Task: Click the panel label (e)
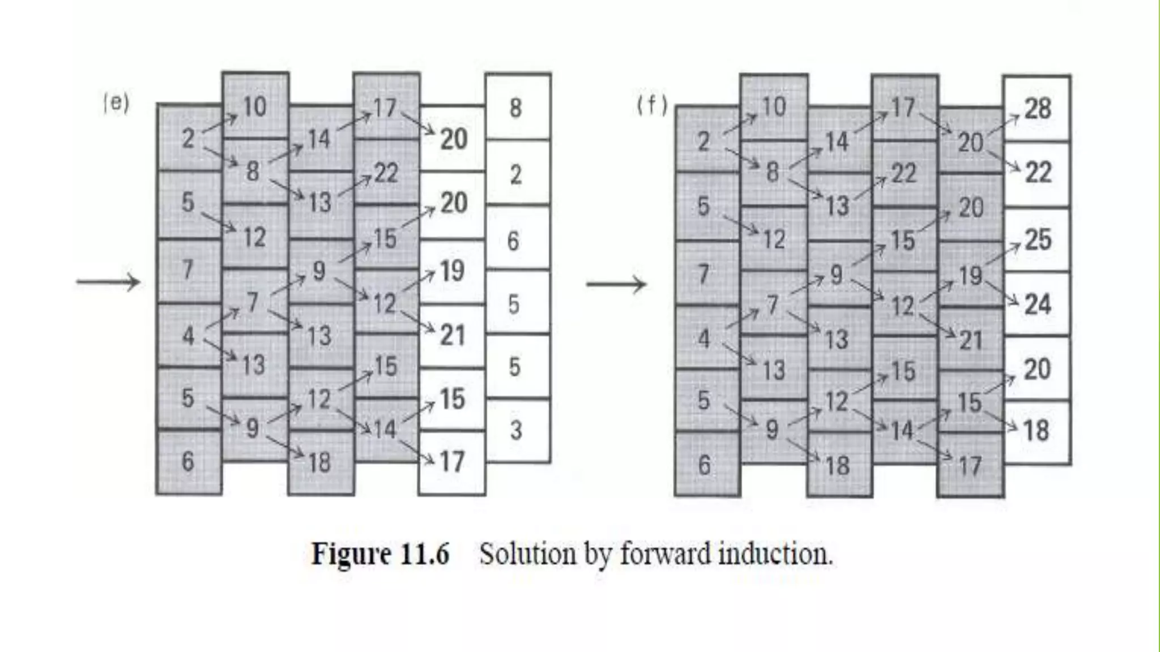116,104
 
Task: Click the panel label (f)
652,105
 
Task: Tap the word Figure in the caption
351,554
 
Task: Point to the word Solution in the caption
527,554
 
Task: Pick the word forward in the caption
665,554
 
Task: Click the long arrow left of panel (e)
108,282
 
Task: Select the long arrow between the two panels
616,284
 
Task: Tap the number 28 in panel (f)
1038,108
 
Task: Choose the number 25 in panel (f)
1038,240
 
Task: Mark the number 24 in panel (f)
1038,304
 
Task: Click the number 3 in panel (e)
515,431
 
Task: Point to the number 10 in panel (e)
254,106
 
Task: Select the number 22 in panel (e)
386,173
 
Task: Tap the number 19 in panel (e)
452,271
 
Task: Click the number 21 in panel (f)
970,340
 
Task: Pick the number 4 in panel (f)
703,339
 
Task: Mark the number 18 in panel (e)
319,463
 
